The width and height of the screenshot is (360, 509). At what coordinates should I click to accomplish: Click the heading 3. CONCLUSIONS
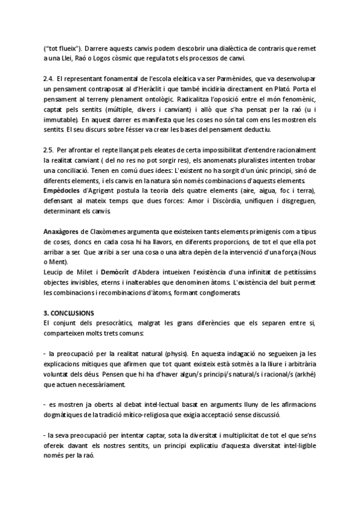(x=68, y=313)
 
